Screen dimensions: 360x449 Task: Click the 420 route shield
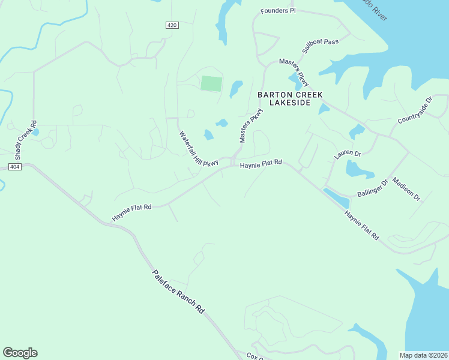(172, 25)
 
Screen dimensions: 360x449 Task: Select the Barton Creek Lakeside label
(290, 99)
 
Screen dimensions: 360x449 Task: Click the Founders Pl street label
(278, 11)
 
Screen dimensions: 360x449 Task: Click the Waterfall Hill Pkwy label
(198, 149)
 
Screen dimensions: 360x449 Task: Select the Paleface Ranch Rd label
(178, 292)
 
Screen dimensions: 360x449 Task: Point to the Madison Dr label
(406, 188)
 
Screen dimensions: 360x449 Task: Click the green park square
(211, 83)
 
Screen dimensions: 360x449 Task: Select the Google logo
(20, 353)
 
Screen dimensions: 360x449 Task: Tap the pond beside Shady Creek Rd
(36, 132)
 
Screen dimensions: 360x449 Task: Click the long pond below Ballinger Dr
(336, 198)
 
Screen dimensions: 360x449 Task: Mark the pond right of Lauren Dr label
(360, 170)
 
